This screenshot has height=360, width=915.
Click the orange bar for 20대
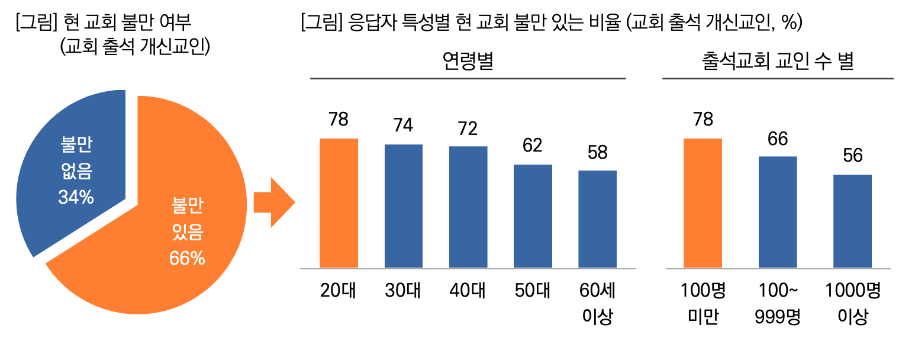(x=339, y=202)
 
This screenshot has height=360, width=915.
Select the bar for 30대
(x=404, y=205)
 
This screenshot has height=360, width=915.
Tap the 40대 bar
(x=468, y=207)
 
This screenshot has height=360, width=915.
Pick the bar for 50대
(x=533, y=216)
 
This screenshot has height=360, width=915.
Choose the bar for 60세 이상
(x=597, y=218)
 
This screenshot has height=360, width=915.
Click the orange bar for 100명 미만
(x=703, y=202)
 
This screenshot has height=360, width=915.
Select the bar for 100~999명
(x=778, y=211)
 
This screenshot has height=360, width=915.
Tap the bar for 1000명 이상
(x=852, y=220)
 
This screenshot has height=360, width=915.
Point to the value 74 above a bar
(x=404, y=126)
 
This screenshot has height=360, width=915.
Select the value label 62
(x=533, y=146)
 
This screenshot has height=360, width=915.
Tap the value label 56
(x=853, y=156)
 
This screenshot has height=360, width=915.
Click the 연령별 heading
(x=468, y=62)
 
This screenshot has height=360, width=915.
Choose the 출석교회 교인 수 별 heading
(x=777, y=62)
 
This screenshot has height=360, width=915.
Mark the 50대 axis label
(x=533, y=291)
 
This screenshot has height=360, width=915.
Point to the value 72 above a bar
(x=468, y=128)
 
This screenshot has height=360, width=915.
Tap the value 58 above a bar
(x=597, y=152)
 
